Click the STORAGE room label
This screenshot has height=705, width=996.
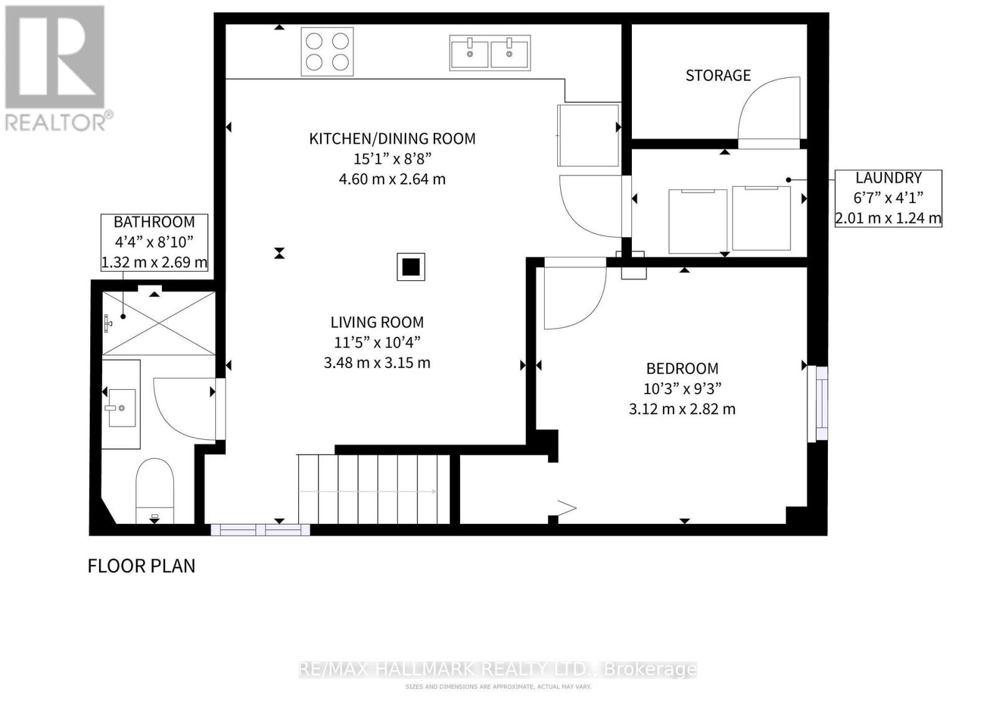click(718, 75)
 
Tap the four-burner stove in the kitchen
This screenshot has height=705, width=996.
click(327, 52)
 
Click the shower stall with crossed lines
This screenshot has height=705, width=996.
click(159, 323)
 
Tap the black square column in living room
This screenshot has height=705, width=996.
click(411, 267)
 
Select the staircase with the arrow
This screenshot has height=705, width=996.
click(374, 490)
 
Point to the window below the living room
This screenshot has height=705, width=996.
click(260, 530)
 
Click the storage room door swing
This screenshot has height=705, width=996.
click(769, 112)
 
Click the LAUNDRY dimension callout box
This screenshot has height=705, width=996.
click(888, 198)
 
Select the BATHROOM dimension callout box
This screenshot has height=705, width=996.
click(154, 242)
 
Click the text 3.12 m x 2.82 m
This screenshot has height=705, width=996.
click(682, 409)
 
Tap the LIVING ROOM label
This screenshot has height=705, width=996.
click(377, 322)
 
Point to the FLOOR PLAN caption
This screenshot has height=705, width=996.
click(141, 565)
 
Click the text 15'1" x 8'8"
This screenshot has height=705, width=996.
click(392, 158)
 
